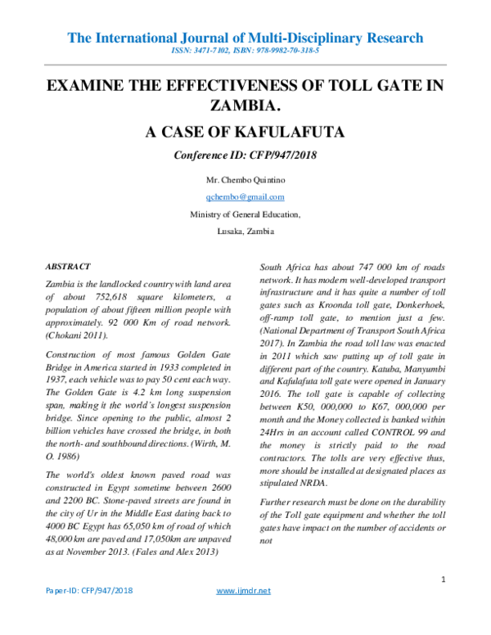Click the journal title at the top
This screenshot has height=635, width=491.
[245, 38]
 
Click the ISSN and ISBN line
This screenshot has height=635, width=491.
[245, 51]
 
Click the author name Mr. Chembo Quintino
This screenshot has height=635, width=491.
[245, 178]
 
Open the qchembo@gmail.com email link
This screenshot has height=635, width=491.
[245, 196]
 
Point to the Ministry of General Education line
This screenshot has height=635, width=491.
[245, 214]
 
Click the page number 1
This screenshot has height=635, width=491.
[442, 580]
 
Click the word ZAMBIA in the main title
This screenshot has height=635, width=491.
[245, 106]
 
